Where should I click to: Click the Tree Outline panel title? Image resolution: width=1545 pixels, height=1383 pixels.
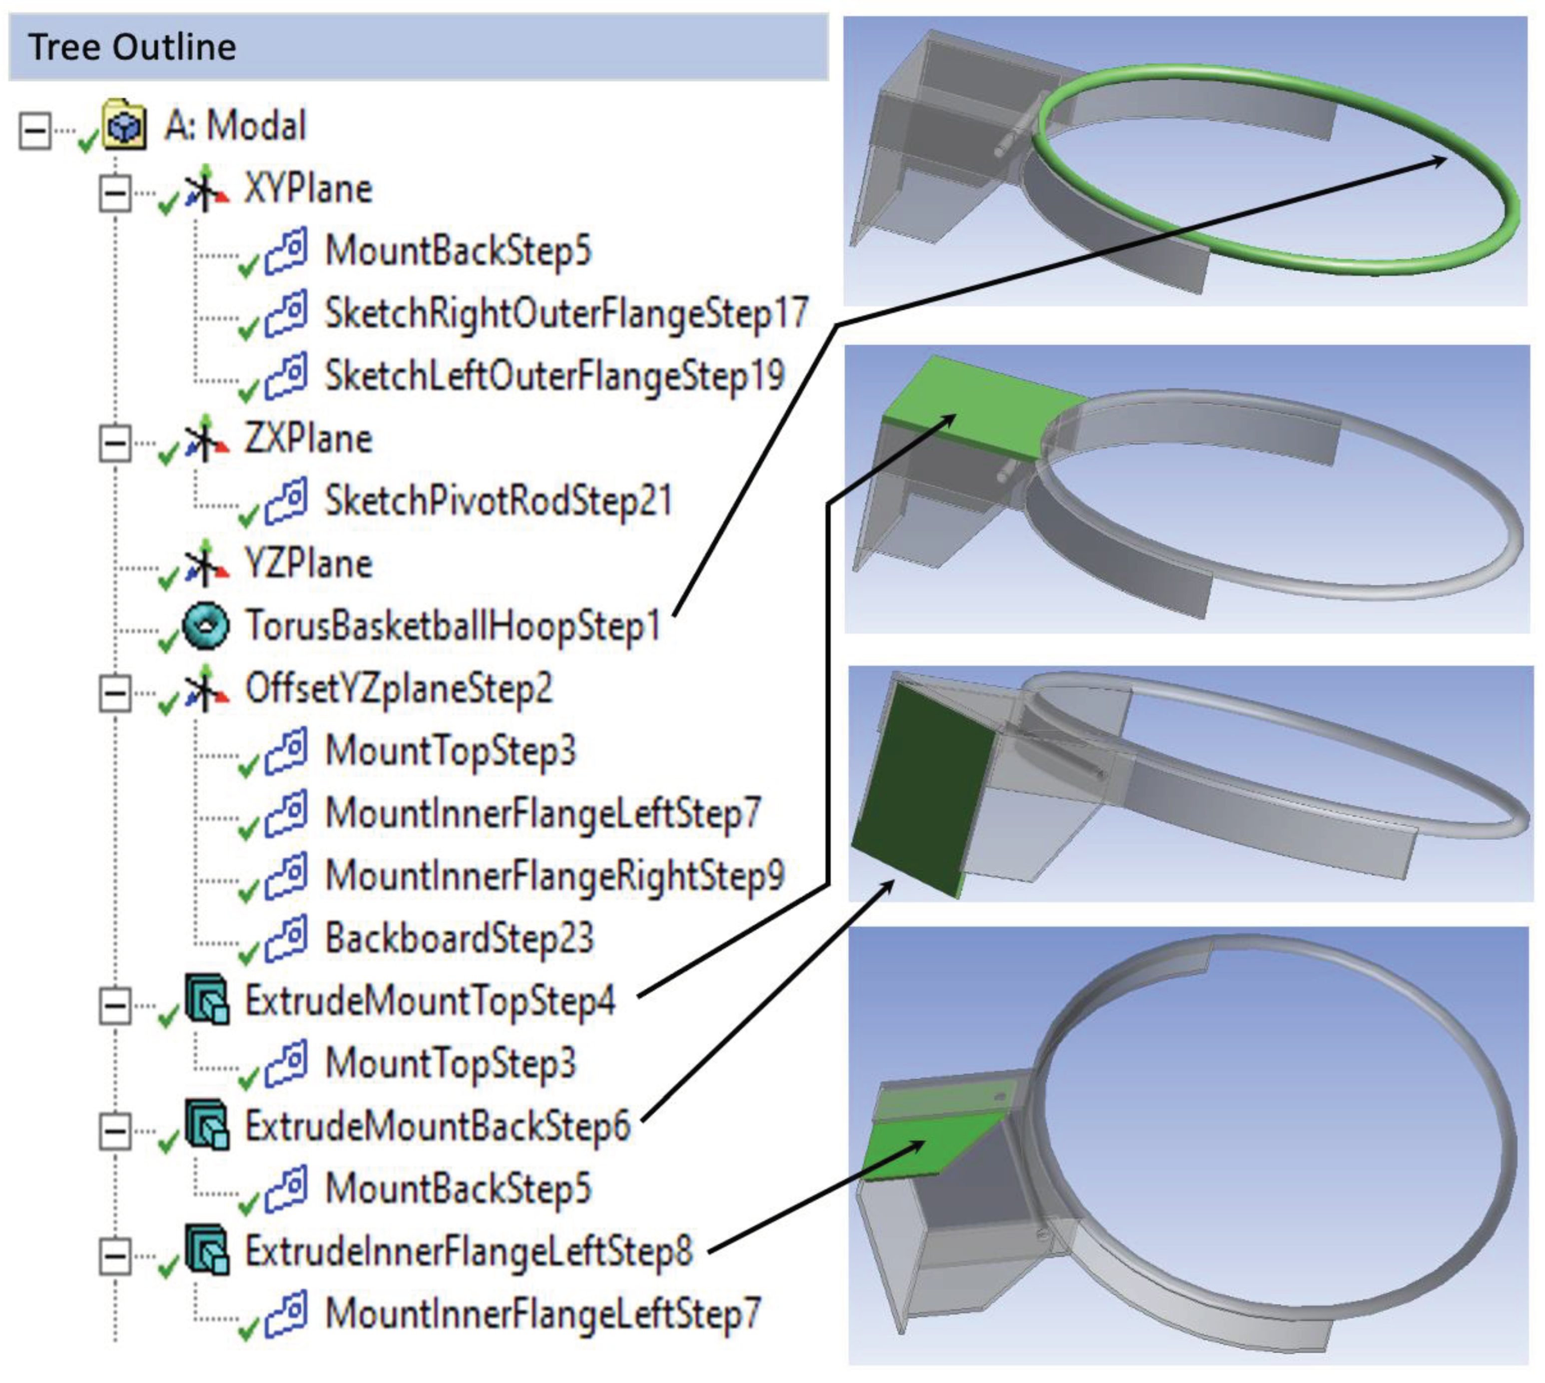click(132, 47)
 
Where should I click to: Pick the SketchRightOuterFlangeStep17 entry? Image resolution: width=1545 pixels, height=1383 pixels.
click(566, 313)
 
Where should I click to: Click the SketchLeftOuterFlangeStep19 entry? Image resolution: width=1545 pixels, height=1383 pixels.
click(555, 376)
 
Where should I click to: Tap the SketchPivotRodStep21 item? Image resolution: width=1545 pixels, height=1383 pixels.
click(499, 501)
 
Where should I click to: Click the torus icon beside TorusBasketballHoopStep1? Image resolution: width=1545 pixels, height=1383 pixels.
click(206, 626)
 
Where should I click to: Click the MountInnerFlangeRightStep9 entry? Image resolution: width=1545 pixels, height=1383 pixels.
click(555, 876)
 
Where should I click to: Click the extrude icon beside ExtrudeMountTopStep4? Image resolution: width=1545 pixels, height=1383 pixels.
click(207, 1000)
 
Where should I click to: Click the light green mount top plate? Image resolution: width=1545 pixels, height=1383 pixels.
click(981, 403)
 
